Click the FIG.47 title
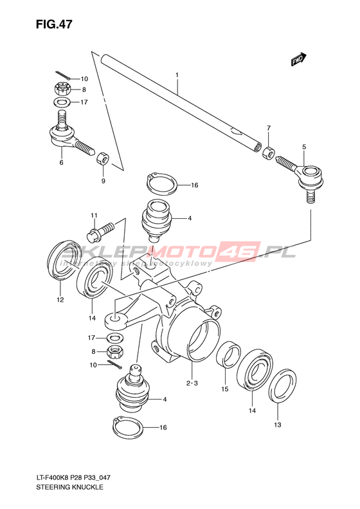[54, 24]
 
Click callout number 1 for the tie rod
[177, 75]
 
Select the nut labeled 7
[269, 153]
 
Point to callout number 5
[304, 147]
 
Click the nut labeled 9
[103, 159]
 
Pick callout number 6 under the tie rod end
[61, 162]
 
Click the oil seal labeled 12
[66, 260]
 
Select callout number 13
[278, 425]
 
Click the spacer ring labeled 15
[228, 354]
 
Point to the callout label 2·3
[192, 384]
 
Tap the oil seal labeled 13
[282, 385]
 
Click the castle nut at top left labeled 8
[62, 89]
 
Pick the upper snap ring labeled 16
[161, 184]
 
